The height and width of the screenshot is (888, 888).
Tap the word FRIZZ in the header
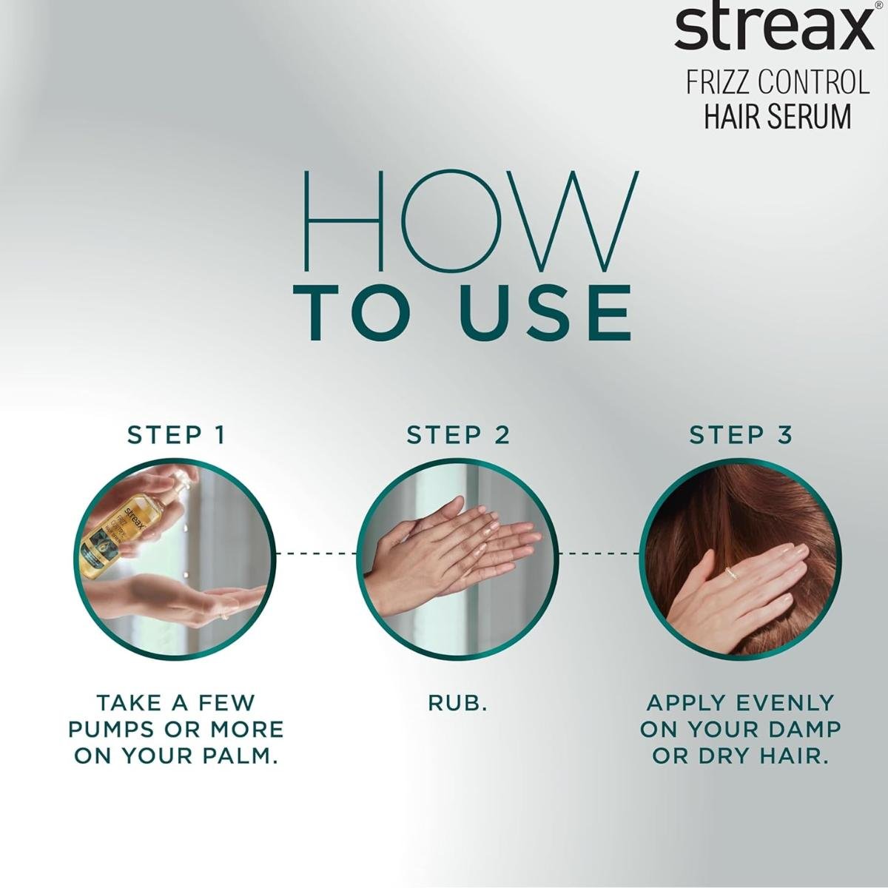tap(719, 81)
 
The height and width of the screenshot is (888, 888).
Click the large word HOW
tap(471, 221)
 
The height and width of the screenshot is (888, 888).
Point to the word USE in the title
tap(545, 313)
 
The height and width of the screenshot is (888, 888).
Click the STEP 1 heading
tap(177, 434)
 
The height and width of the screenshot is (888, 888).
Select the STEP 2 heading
tap(458, 434)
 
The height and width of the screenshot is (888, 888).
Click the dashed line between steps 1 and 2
tap(316, 553)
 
